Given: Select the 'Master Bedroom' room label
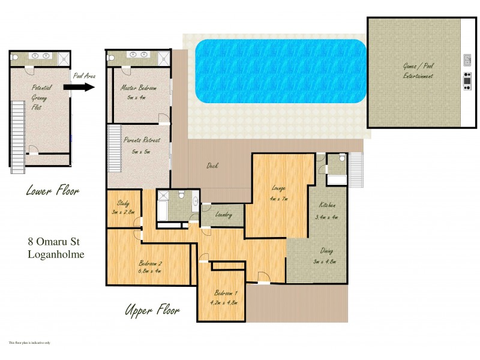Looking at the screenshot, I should [139, 88].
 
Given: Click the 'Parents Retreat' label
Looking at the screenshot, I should [142, 140].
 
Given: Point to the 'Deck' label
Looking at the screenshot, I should [212, 166].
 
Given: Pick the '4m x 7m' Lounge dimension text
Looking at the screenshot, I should [279, 199].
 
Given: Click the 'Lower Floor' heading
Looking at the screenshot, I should [53, 191].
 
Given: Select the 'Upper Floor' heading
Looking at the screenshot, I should [152, 310].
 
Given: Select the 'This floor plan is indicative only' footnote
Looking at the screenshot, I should [29, 343].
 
